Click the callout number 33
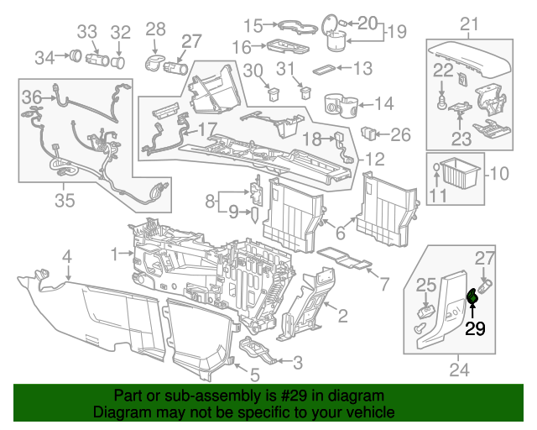tap(88, 33)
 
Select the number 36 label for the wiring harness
tap(31, 96)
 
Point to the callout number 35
tap(65, 200)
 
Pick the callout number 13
tap(362, 67)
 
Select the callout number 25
tap(426, 286)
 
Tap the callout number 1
tap(115, 252)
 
